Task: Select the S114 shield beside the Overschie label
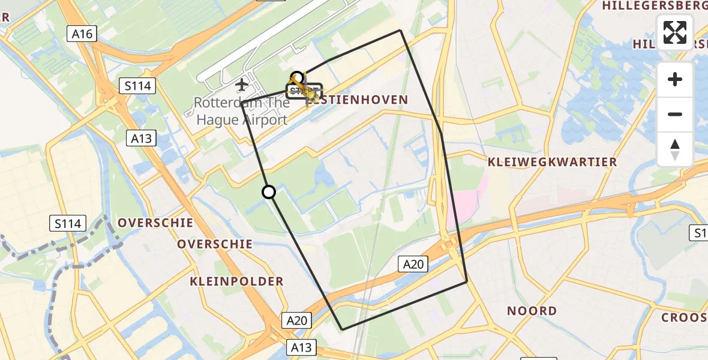pyautogui.click(x=68, y=224)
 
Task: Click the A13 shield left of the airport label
pyautogui.click(x=142, y=139)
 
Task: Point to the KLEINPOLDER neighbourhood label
pyautogui.click(x=236, y=281)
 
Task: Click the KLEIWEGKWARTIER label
pyautogui.click(x=552, y=162)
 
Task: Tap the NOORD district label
pyautogui.click(x=532, y=311)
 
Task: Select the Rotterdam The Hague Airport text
pyautogui.click(x=241, y=111)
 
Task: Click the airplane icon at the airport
pyautogui.click(x=242, y=83)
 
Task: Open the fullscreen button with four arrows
pyautogui.click(x=675, y=32)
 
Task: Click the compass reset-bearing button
pyautogui.click(x=675, y=149)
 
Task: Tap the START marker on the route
pyautogui.click(x=304, y=91)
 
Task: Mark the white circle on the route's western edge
pyautogui.click(x=269, y=192)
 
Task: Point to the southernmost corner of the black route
pyautogui.click(x=342, y=329)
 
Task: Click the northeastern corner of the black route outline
pyautogui.click(x=400, y=30)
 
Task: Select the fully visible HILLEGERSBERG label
pyautogui.click(x=655, y=6)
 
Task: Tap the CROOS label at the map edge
pyautogui.click(x=684, y=317)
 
